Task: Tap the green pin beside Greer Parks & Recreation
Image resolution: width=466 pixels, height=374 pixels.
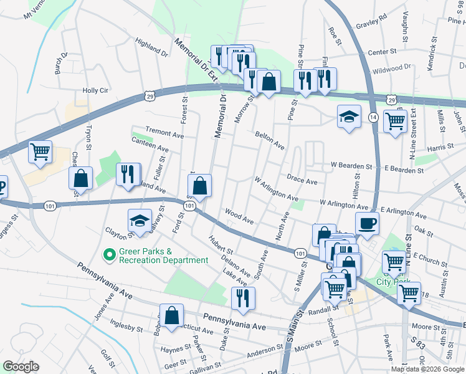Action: click(x=109, y=255)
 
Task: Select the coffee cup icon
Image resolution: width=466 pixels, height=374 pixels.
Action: click(x=367, y=223)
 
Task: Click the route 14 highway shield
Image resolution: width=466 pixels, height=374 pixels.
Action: click(x=373, y=117)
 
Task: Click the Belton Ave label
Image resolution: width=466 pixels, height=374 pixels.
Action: click(x=270, y=141)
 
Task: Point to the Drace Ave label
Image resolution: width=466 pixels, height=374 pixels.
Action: click(x=302, y=181)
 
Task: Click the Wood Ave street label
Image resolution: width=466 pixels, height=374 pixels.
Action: click(x=240, y=216)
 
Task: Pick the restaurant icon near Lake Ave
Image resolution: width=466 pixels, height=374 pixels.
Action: click(x=243, y=297)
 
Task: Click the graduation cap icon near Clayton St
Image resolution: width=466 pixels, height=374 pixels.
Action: click(x=140, y=221)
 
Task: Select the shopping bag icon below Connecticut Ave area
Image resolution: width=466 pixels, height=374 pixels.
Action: click(x=171, y=315)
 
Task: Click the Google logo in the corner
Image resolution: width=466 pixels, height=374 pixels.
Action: click(x=21, y=367)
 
